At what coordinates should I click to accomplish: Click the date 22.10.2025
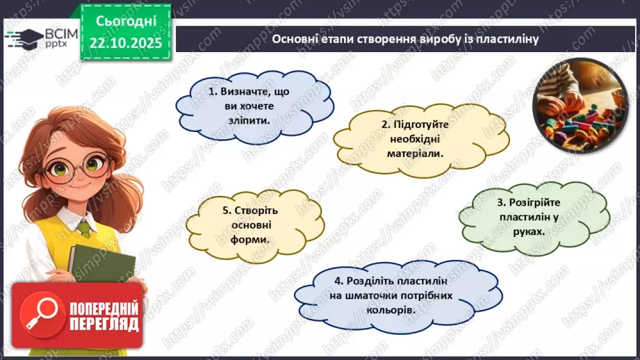[126, 42]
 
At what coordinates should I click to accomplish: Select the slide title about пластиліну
[406, 40]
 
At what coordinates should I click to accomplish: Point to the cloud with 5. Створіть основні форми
[247, 224]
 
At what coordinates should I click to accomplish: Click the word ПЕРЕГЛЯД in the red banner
[104, 324]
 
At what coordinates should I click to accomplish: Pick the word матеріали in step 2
[416, 153]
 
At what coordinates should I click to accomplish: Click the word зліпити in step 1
[248, 120]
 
